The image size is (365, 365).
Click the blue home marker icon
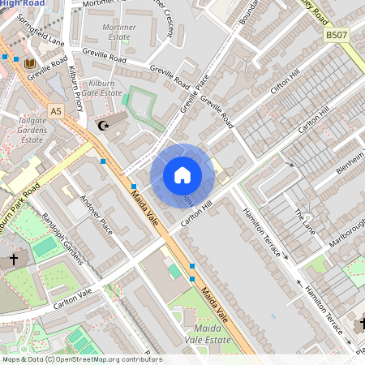click(x=182, y=175)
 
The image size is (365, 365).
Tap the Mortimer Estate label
click(x=119, y=32)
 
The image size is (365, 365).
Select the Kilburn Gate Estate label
click(x=101, y=88)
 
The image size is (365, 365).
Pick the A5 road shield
click(x=55, y=110)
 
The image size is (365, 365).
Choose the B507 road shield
click(x=336, y=35)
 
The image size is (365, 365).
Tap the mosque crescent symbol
click(x=103, y=125)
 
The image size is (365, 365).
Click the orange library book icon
click(x=30, y=62)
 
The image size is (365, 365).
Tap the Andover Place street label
click(x=96, y=213)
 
